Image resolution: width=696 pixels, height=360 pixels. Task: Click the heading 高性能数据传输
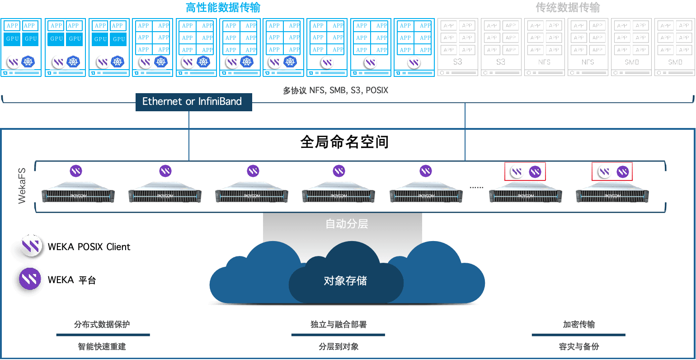223,8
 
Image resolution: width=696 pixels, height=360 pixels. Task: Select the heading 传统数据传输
568,8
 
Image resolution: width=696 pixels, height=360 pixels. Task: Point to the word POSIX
377,90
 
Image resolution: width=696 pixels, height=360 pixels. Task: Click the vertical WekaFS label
22,185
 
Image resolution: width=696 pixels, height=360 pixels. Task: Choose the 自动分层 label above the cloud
347,224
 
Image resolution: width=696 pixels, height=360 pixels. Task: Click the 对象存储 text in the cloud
345,281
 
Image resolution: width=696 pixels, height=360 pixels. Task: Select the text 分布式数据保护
102,324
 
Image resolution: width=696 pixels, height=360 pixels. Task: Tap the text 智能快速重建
102,346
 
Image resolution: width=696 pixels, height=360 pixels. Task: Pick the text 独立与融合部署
339,324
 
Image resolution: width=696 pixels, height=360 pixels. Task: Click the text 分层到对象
339,346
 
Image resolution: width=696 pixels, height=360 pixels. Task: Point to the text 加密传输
579,324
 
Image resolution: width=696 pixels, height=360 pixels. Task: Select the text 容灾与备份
579,346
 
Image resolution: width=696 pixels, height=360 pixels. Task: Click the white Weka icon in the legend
31,246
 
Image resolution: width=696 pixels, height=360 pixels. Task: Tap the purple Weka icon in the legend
30,279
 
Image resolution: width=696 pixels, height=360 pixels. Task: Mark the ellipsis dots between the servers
476,187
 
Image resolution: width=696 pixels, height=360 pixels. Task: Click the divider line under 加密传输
578,335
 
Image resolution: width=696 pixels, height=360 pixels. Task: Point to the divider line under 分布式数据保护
103,335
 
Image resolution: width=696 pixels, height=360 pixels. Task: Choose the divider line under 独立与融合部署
338,335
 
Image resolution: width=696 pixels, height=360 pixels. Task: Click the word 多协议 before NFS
295,90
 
